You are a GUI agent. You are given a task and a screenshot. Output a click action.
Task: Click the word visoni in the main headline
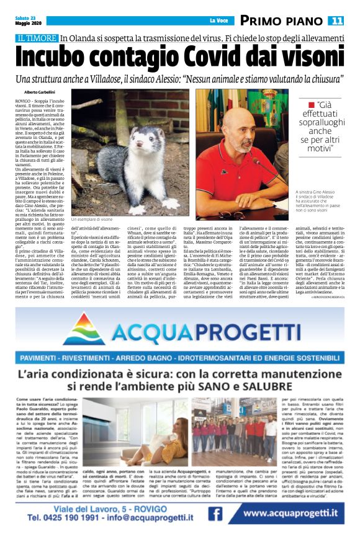coord(305,57)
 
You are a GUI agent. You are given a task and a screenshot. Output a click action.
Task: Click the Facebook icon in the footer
coord(215,514)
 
